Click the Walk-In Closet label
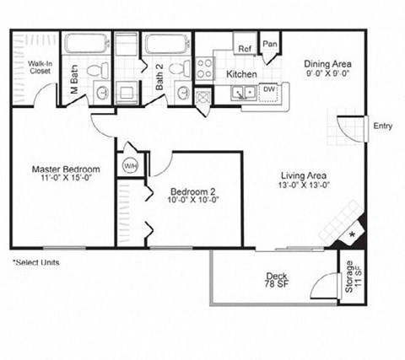[x=39, y=67]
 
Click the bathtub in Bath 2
[x=166, y=44]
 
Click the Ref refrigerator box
[x=246, y=49]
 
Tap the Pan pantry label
[x=270, y=44]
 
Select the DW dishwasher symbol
[x=268, y=89]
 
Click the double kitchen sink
[x=245, y=91]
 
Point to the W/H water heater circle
[x=131, y=165]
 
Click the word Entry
[x=382, y=126]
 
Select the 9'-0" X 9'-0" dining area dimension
[x=328, y=74]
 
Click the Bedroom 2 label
[x=190, y=190]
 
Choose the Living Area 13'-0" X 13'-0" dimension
[x=305, y=186]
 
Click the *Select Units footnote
[x=36, y=262]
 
